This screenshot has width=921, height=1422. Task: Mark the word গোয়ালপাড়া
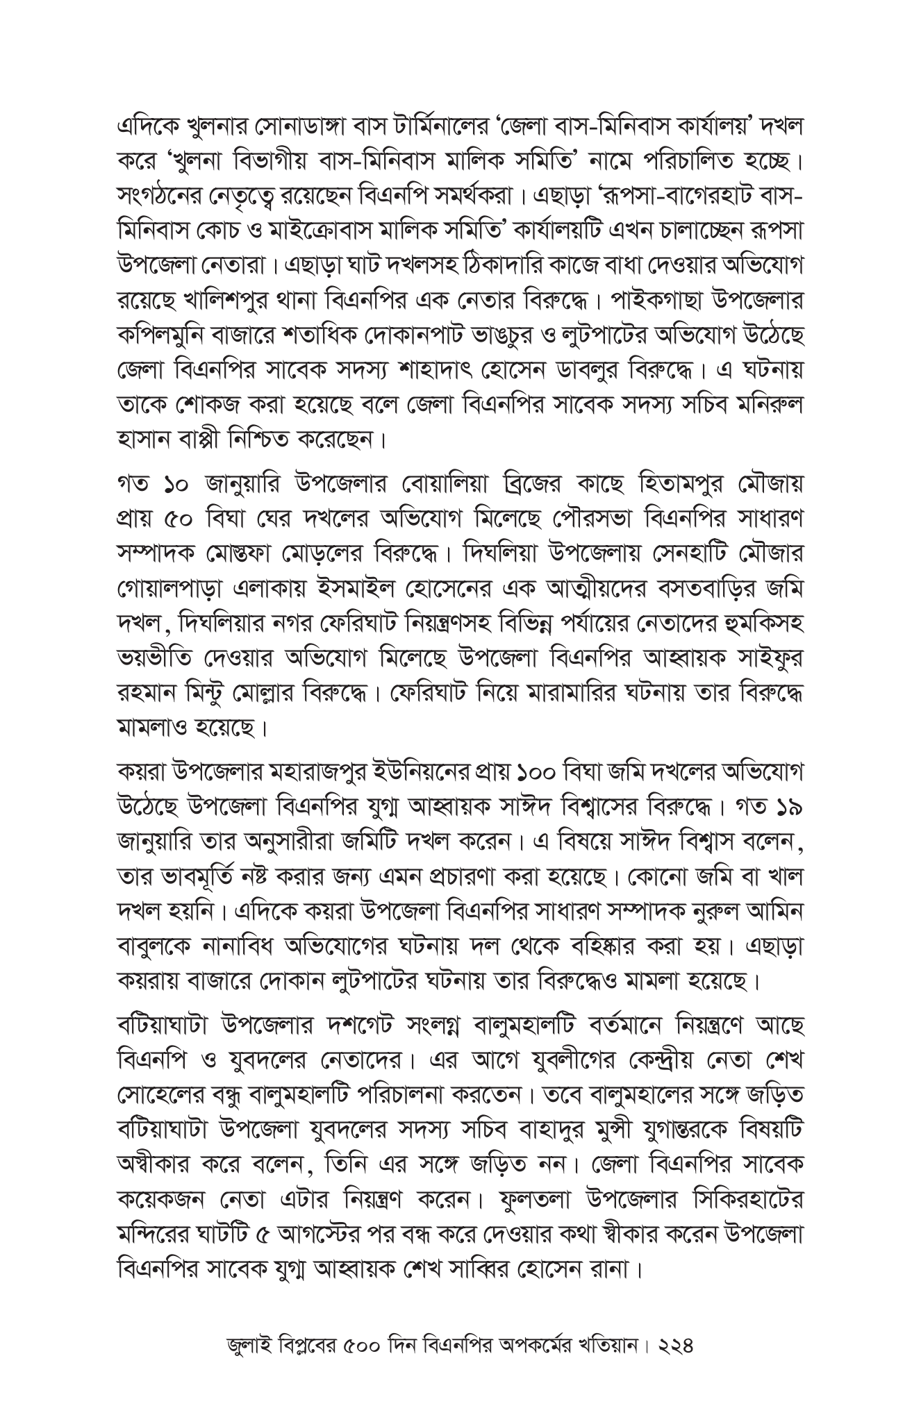coord(169,586)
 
